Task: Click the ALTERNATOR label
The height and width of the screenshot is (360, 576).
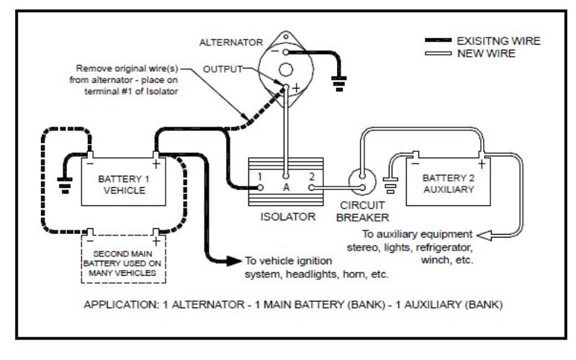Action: pos(231,42)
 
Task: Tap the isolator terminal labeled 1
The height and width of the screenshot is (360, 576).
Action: pos(260,188)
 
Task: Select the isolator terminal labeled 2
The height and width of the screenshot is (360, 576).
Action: pos(311,188)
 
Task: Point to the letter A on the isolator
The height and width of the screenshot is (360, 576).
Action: pos(286,187)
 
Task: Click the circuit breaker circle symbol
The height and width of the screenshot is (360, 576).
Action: pos(362,181)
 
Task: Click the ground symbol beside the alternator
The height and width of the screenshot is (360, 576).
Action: pos(338,84)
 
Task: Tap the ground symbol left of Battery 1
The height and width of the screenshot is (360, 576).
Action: pos(65,185)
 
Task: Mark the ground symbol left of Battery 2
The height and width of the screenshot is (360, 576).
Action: pos(390,185)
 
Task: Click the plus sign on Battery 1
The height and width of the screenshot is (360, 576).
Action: pos(156,164)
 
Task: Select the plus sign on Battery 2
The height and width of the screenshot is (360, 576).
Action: pos(482,164)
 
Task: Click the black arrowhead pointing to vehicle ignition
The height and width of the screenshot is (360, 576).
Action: pos(233,261)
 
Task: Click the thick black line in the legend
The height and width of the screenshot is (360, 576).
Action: pos(438,40)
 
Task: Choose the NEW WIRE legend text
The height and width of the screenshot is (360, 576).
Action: pos(487,53)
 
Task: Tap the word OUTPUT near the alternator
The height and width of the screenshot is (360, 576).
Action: pos(222,69)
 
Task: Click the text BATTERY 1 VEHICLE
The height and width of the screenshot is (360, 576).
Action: pos(124,185)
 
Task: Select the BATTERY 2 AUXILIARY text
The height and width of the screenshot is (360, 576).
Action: pos(449,184)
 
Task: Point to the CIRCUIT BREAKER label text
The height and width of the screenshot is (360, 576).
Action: pos(363,211)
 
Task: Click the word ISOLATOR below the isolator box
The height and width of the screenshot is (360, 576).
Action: pos(288,217)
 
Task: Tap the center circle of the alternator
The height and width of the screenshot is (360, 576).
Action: pos(286,70)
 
